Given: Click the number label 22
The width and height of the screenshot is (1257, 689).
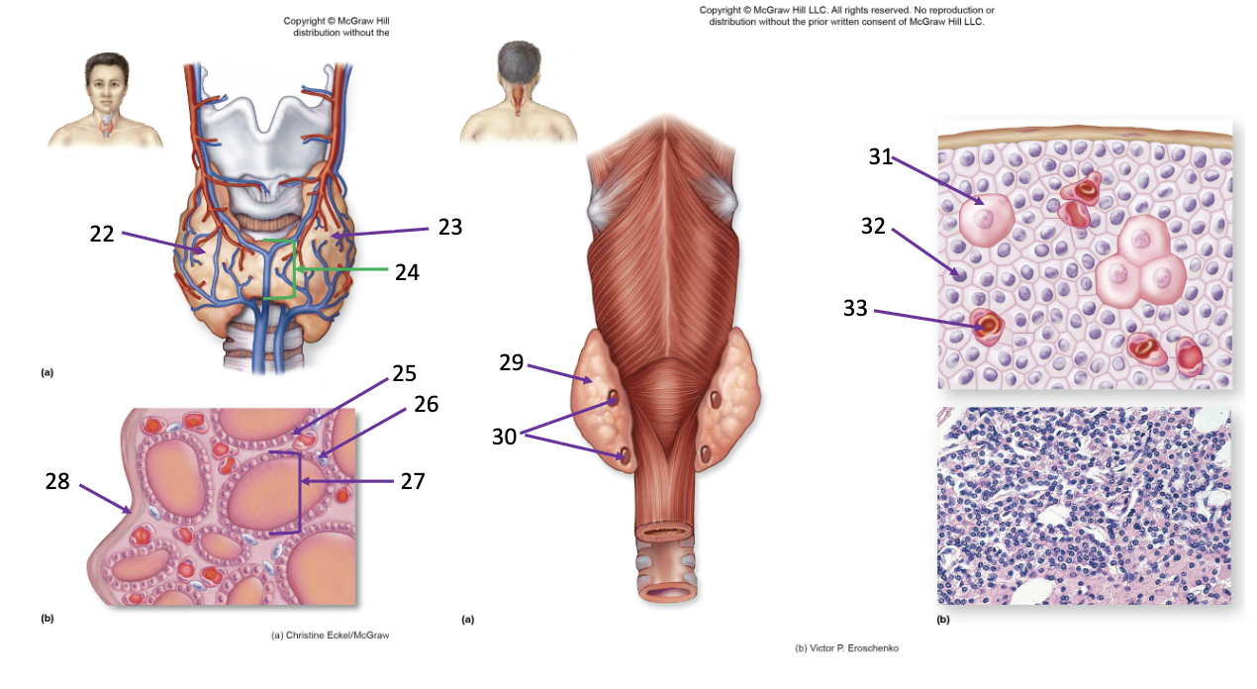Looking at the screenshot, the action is click(x=102, y=234).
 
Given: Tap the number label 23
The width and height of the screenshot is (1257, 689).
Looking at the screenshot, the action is click(x=450, y=227).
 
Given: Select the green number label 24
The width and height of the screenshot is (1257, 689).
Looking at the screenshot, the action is click(x=407, y=272).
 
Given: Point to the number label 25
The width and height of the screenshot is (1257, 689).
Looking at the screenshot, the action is click(x=404, y=373).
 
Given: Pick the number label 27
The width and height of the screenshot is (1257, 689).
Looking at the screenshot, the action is click(x=413, y=481).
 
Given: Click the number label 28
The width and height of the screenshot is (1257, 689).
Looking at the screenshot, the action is click(x=57, y=481).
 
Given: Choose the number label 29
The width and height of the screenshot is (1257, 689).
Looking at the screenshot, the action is click(x=512, y=362).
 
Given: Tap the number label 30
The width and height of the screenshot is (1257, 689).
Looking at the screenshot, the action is click(x=504, y=437).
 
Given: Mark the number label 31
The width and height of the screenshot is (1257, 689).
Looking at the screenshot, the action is click(x=881, y=156).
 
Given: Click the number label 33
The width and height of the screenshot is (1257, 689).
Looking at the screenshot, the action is click(x=855, y=308).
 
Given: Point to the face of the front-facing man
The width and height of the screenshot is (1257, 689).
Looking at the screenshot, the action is click(x=106, y=87).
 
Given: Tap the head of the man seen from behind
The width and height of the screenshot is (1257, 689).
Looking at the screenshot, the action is click(x=519, y=62).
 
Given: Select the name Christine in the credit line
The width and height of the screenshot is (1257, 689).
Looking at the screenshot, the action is click(x=305, y=636).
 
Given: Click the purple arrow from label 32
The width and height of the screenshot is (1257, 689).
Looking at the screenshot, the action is click(x=925, y=252).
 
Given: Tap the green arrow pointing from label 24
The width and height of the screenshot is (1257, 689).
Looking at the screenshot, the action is click(x=341, y=269).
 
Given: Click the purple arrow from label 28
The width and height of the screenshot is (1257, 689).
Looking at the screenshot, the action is click(x=106, y=499).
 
